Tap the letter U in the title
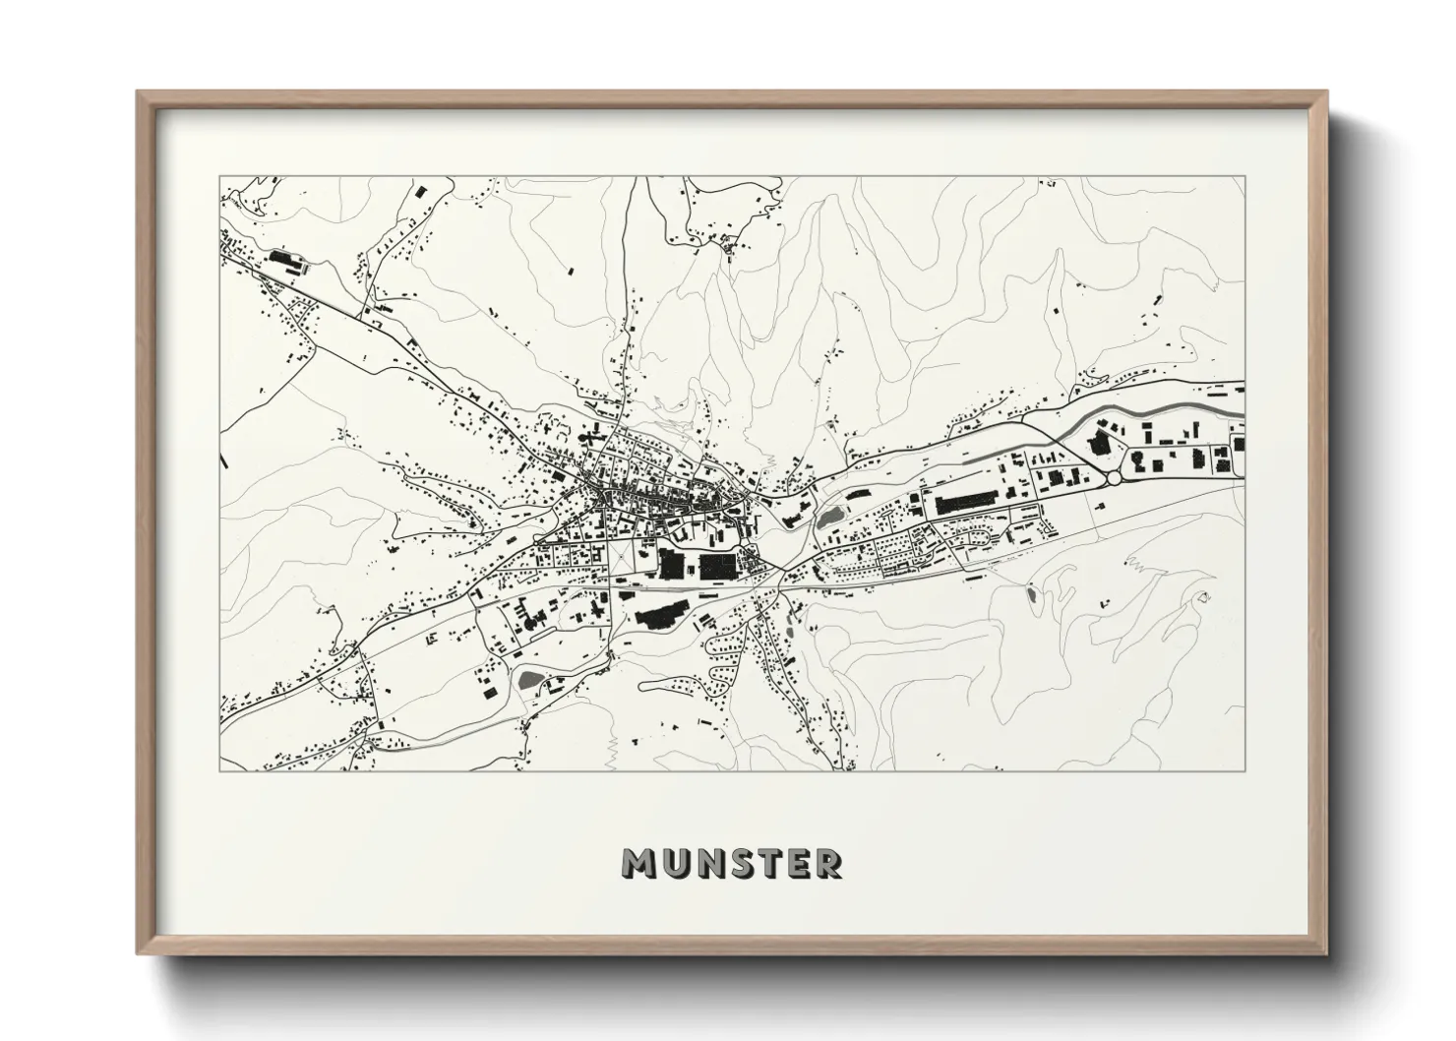coord(674,864)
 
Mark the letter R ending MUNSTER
coord(829,864)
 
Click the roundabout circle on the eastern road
coord(1114,477)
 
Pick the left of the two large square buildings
coord(674,565)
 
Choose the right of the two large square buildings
coord(716,565)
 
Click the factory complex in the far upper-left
coord(285,262)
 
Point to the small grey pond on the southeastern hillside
coord(1029,594)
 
